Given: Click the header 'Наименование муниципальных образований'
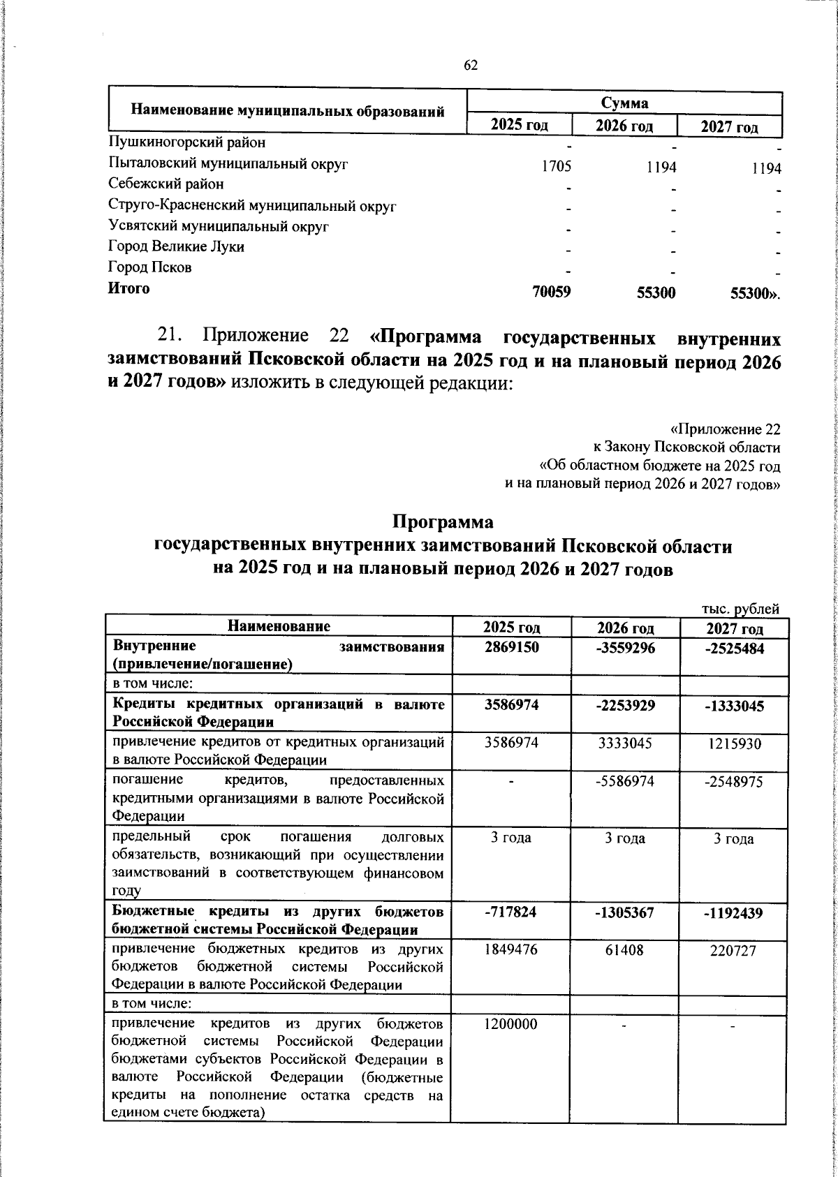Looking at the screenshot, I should pos(288,111).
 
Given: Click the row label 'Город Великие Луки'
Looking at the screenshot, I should pos(177,246).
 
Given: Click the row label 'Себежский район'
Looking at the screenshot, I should pos(167,184).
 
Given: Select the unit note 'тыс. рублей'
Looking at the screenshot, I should pos(740,609).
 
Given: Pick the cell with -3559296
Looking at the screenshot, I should pos(625,648).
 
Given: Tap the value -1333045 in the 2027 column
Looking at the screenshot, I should pos(734,705).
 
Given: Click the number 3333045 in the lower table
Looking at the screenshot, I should pos(625,743).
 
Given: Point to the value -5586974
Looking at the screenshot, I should pos(625,781).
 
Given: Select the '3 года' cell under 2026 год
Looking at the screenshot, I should pos(625,838).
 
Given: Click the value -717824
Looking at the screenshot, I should pos(512,912).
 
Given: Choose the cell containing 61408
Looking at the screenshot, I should pos(625,949).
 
